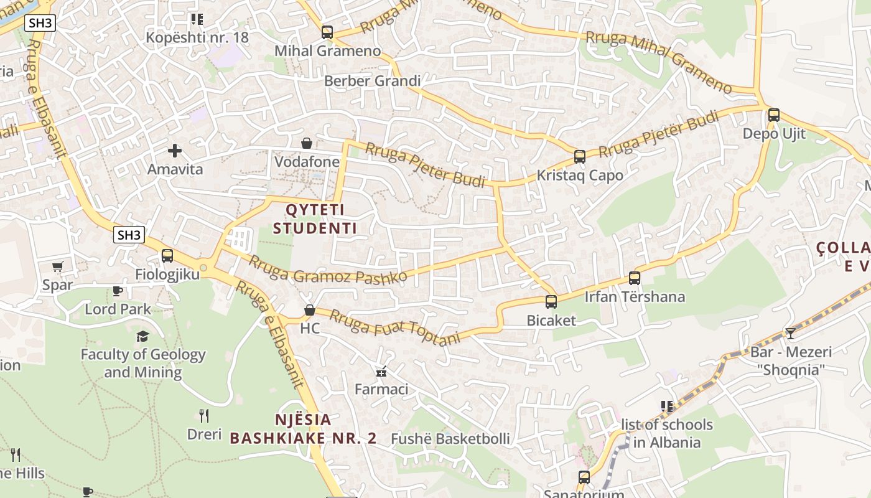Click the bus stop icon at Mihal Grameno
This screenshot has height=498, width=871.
tap(327, 32)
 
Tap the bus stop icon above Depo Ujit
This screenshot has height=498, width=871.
tap(773, 115)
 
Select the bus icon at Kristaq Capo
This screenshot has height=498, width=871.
tap(579, 157)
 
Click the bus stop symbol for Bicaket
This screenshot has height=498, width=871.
tap(551, 302)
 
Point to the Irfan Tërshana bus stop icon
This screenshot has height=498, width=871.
tap(634, 278)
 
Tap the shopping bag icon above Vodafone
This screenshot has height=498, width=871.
tap(306, 144)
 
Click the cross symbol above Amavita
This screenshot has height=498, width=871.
tap(175, 150)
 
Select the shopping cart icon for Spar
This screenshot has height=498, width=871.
tap(58, 267)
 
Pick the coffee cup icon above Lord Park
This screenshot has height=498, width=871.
tap(117, 291)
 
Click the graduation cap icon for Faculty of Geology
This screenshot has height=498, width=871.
tap(142, 336)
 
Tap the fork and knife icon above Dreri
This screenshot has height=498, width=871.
tap(203, 415)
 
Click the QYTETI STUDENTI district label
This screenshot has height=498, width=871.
tap(315, 218)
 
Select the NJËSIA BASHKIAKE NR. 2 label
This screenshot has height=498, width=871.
tap(303, 429)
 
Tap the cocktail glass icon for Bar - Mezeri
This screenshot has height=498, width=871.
tap(790, 334)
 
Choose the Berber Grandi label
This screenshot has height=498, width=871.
tap(372, 81)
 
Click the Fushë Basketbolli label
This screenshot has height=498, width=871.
tap(450, 439)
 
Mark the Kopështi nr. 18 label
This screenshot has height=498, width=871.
tap(197, 37)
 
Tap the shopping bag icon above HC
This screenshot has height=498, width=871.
tap(309, 310)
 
